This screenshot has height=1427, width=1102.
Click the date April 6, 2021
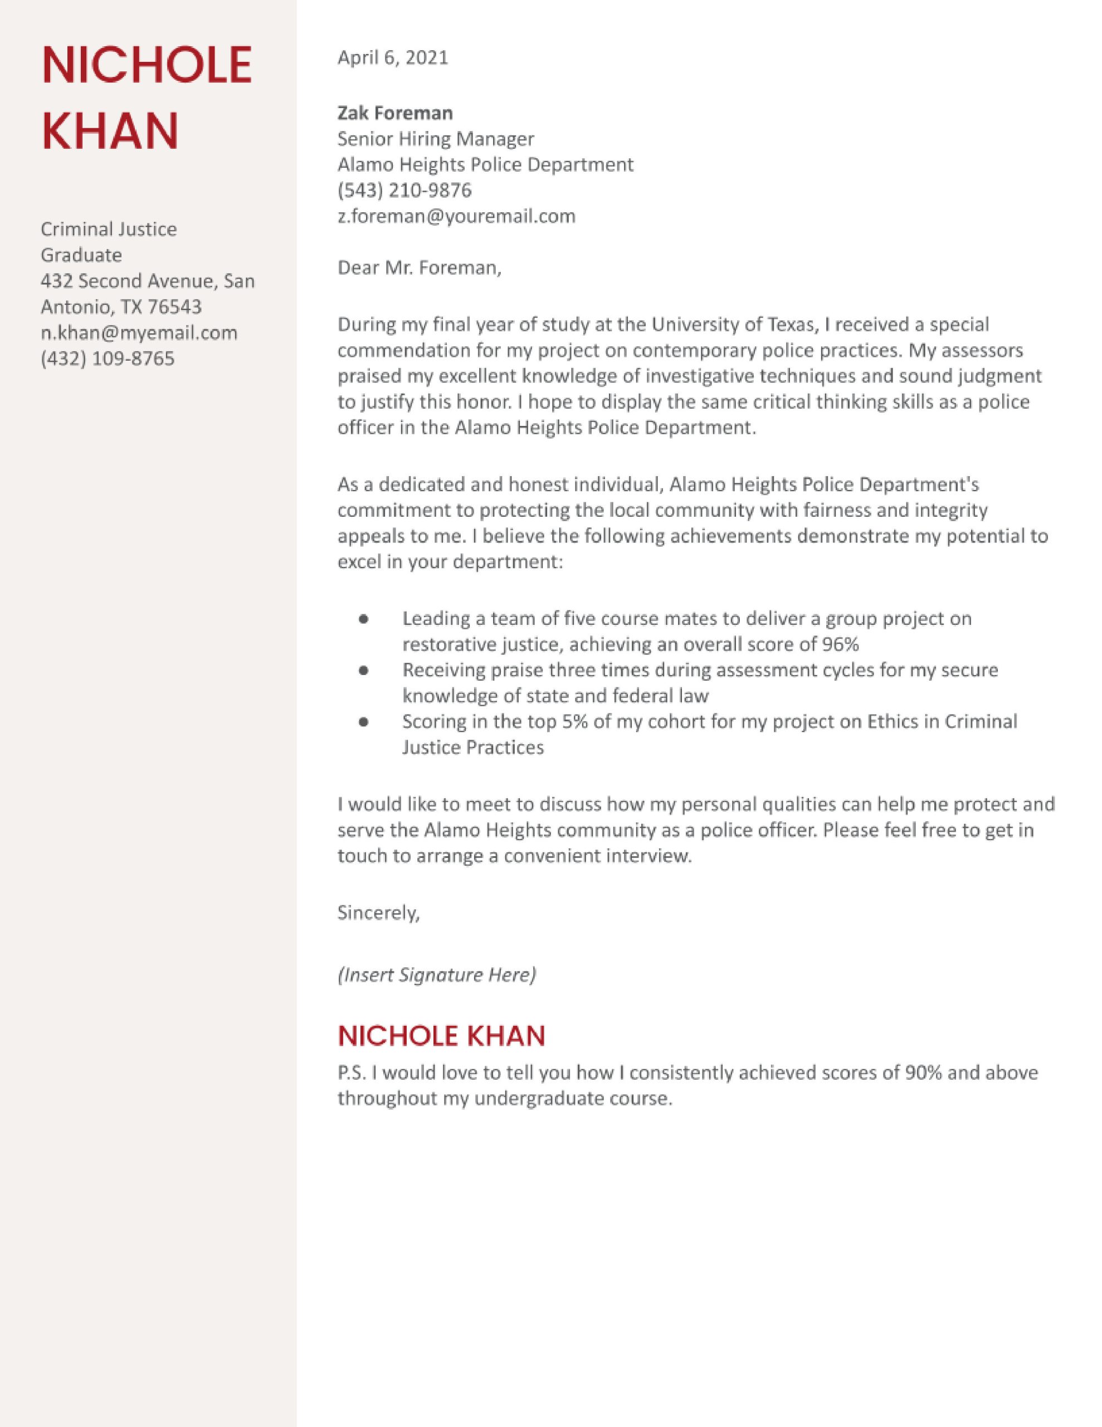(393, 58)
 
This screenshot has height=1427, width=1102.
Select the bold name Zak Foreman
(394, 113)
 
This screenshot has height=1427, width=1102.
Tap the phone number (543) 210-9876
(404, 190)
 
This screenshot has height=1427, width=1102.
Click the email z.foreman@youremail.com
(456, 216)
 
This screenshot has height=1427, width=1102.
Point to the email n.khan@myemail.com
(139, 333)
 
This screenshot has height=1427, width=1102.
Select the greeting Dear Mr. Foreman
(420, 268)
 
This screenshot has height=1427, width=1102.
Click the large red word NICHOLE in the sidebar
(147, 66)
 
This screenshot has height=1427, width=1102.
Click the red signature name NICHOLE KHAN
(441, 1036)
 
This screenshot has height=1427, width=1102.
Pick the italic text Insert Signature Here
(436, 975)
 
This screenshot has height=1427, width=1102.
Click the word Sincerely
(378, 913)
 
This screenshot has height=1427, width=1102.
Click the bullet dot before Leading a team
(364, 618)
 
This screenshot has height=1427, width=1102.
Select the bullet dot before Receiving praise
(364, 671)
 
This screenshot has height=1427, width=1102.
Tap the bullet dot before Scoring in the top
(364, 722)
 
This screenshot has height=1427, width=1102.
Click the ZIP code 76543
(175, 307)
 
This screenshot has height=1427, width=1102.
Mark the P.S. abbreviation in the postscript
(352, 1073)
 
